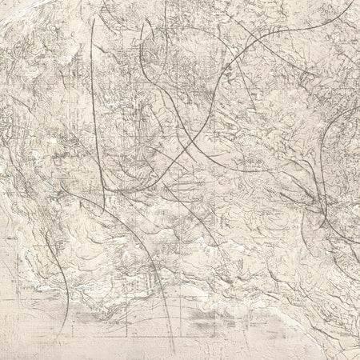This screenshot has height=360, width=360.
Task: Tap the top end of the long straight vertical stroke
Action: coord(92,18)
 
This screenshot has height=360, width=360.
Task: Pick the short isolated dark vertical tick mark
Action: coord(166,11)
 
